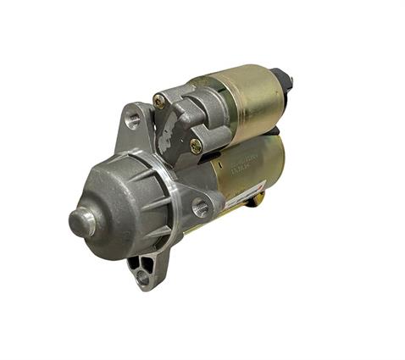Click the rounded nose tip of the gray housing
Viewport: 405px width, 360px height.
81,222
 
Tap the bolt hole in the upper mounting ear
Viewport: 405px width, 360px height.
132,120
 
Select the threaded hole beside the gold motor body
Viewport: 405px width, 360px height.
201,205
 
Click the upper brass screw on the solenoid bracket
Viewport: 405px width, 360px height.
159,101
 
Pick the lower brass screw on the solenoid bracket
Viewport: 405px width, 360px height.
196,146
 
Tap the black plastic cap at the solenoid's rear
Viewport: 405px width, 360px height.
281,80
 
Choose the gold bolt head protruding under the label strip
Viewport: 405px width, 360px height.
259,197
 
